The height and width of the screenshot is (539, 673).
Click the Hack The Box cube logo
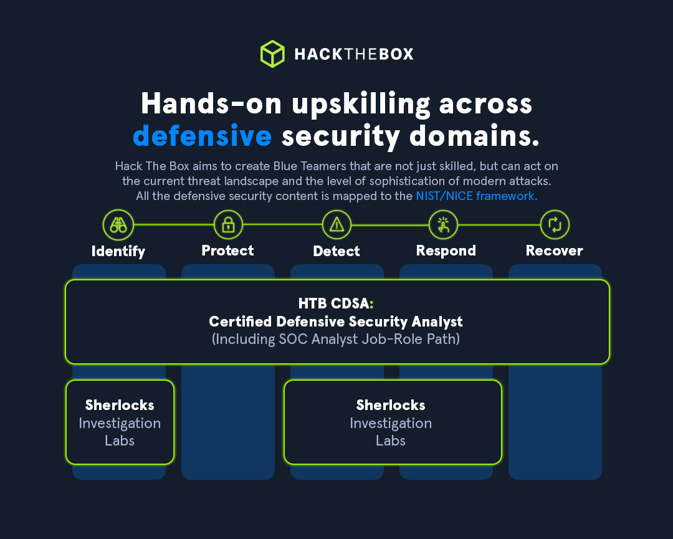click(x=272, y=54)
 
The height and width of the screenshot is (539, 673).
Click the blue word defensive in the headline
click(x=202, y=136)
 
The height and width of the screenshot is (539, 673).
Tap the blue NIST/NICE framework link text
click(x=477, y=196)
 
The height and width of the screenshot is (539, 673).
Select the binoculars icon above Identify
click(x=118, y=224)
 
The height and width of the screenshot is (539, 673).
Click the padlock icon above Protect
click(x=228, y=224)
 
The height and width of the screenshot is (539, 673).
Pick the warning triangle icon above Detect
click(x=336, y=224)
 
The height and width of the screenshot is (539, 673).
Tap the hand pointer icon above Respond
click(x=443, y=224)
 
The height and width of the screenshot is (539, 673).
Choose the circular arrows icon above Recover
click(x=554, y=224)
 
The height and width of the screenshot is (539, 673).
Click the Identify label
click(x=118, y=251)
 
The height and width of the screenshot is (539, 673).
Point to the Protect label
click(x=228, y=250)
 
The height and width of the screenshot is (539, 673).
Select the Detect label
click(x=336, y=251)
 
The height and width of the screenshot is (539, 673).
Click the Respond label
click(x=446, y=250)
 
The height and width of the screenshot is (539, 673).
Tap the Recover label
click(x=555, y=250)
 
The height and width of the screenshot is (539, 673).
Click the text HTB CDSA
click(x=333, y=304)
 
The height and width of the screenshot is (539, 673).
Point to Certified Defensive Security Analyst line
click(x=336, y=322)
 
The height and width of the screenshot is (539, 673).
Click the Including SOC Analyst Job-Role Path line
click(x=336, y=340)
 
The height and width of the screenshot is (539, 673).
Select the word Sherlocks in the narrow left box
click(x=120, y=405)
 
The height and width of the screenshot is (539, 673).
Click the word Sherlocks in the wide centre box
click(x=391, y=405)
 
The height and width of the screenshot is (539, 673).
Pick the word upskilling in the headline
click(x=361, y=104)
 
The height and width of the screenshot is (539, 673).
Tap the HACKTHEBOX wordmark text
click(x=354, y=54)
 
